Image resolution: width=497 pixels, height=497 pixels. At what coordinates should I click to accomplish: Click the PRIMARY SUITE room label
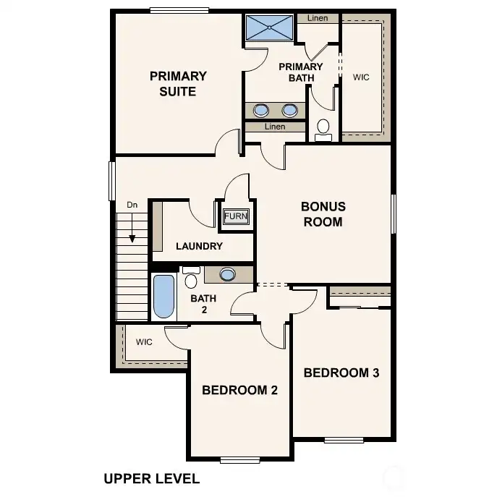pos(178,83)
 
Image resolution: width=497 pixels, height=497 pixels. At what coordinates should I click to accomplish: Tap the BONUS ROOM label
pos(323,214)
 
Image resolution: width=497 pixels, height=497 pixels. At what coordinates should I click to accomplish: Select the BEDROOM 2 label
pos(239,390)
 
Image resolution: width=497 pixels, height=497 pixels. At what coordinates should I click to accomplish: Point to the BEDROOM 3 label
pos(341,373)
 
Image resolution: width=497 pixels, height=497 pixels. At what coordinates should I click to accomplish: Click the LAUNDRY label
pos(199,246)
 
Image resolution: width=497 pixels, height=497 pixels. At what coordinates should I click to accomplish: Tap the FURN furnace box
pos(235,216)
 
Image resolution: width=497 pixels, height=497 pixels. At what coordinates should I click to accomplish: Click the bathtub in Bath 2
pos(164,297)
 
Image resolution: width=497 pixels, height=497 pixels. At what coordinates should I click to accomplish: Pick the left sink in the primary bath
pos(261,110)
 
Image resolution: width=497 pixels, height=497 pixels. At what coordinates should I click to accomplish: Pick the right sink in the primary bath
pos(290,110)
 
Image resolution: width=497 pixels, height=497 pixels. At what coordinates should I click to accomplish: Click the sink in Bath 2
pos(228,274)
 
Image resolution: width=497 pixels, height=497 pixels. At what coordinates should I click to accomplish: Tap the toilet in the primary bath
pos(323,129)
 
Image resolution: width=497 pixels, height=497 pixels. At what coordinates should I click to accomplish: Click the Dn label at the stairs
pos(132,205)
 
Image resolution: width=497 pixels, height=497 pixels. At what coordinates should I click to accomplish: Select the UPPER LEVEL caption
pos(151,478)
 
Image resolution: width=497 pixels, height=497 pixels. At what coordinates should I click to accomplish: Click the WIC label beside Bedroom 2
pos(144,342)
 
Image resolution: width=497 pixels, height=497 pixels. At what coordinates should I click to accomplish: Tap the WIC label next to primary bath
pos(360,77)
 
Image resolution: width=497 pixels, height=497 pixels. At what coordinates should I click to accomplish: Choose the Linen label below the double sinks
pos(275,127)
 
